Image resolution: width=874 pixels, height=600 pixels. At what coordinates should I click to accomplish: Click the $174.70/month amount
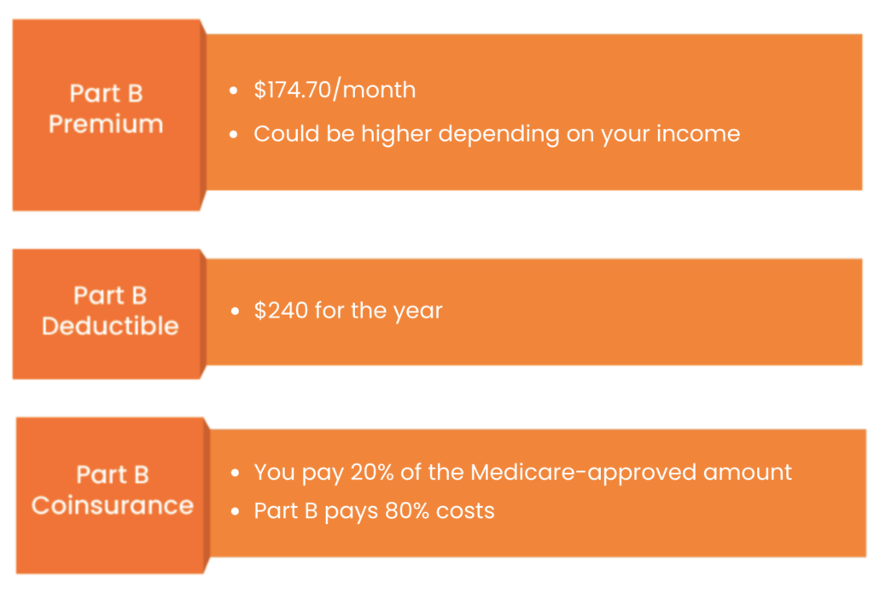(x=335, y=90)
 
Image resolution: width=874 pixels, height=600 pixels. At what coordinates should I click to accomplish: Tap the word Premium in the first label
(x=106, y=124)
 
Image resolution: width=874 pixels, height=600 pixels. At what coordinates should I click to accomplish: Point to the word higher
(x=396, y=134)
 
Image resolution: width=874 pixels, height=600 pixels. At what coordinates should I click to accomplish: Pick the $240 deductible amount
(x=280, y=310)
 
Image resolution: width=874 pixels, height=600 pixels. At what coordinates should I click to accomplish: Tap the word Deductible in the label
(x=110, y=326)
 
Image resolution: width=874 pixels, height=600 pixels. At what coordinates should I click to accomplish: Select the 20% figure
(x=372, y=472)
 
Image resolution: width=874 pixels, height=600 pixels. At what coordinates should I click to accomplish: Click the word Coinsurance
(x=112, y=505)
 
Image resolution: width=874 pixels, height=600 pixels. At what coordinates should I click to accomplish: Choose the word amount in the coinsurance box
(x=747, y=473)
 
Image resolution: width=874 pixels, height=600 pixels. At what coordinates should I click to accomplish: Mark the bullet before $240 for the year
(x=235, y=312)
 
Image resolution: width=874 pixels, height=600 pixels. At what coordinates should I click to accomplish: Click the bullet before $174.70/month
(x=234, y=90)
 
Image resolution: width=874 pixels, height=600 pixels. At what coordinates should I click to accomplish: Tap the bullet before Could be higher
(x=234, y=134)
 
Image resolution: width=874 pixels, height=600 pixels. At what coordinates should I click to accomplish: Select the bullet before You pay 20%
(x=235, y=473)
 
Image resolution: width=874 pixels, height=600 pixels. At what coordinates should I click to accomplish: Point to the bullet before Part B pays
(x=235, y=511)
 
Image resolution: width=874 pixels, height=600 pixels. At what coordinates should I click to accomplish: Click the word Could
(x=287, y=133)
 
